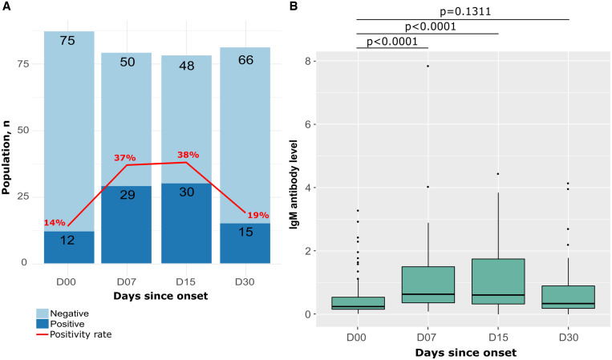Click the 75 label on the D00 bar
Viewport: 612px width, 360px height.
pos(67,41)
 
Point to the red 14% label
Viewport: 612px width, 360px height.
pos(55,222)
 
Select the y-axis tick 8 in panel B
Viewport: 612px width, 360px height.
pos(310,61)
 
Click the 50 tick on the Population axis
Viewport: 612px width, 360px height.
pos(24,130)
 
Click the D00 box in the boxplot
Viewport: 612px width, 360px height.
pos(358,303)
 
